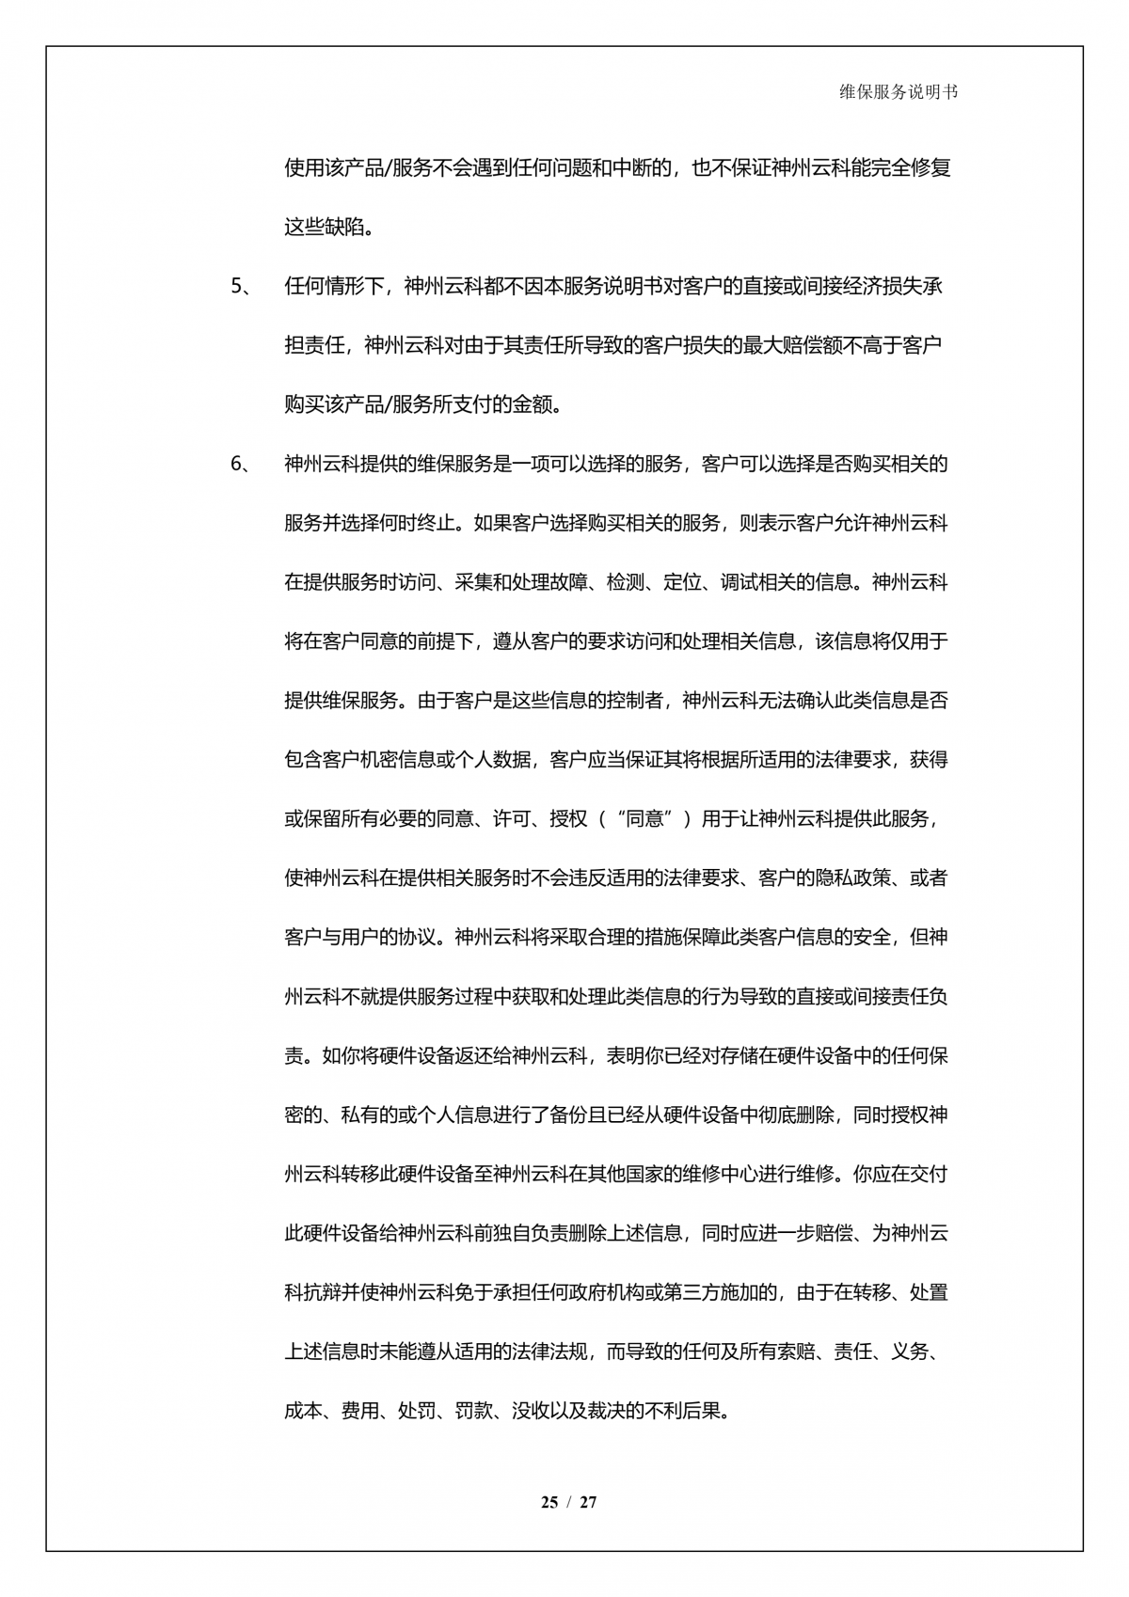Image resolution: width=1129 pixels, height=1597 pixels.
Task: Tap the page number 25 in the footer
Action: click(549, 1502)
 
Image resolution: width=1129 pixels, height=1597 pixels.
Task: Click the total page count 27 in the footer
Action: click(588, 1502)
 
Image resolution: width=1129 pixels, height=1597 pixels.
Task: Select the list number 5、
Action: click(242, 287)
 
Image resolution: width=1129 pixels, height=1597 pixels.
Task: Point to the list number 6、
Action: click(242, 465)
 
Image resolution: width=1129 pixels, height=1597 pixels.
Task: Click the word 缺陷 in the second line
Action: click(342, 228)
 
